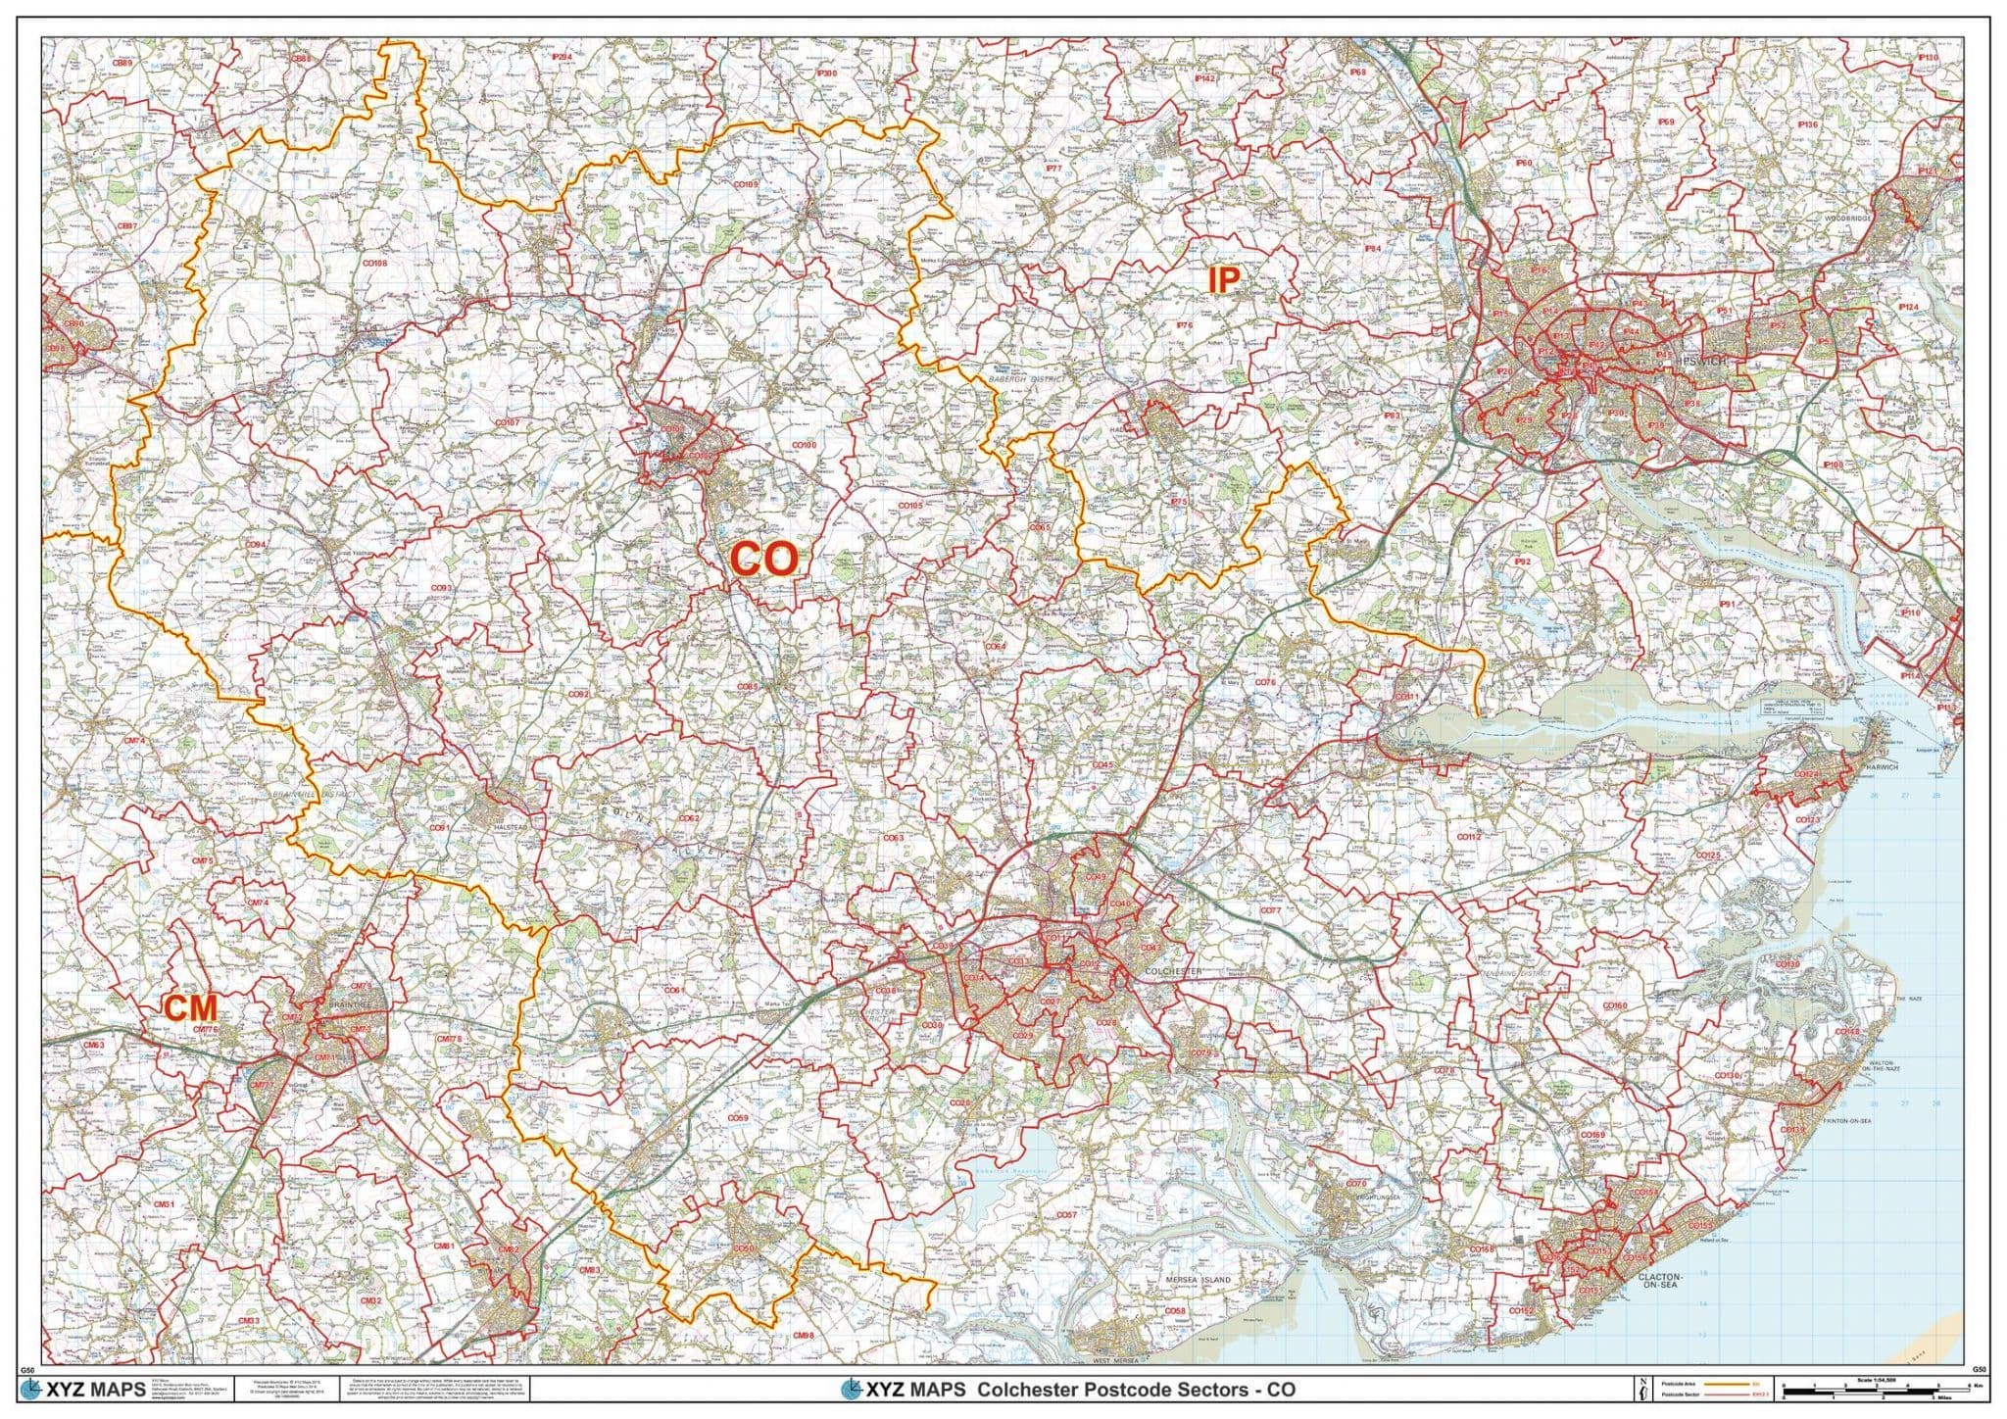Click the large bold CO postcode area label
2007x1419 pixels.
763,560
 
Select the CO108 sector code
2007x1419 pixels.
374,264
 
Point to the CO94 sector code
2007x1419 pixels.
256,545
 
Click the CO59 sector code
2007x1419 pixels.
737,1118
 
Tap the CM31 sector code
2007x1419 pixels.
166,1204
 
